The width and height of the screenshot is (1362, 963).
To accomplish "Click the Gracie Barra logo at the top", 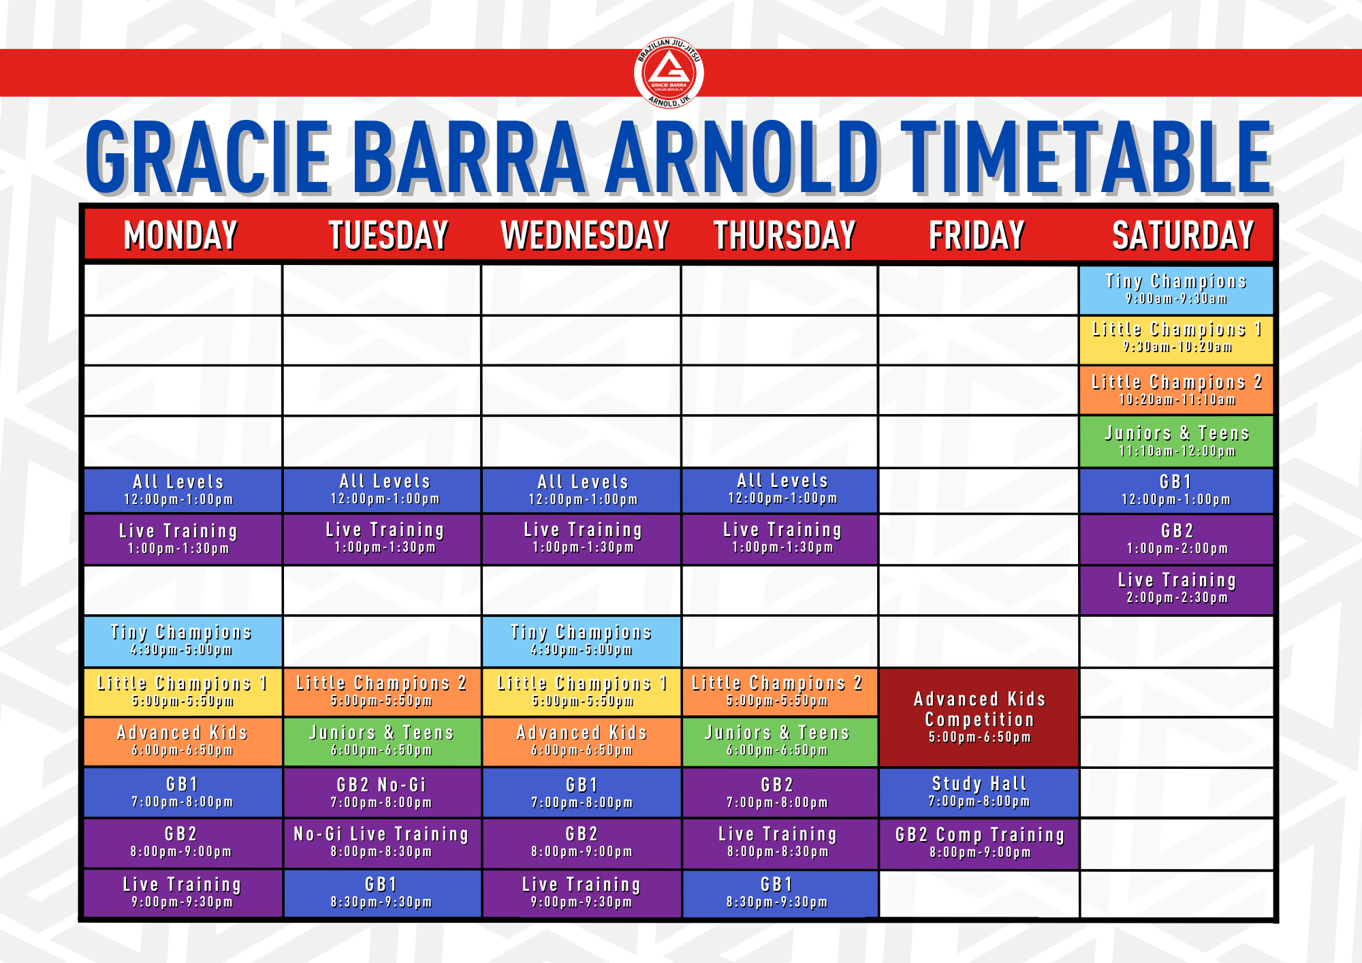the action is coord(669,73).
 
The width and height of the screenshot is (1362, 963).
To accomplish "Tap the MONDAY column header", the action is coord(180,235).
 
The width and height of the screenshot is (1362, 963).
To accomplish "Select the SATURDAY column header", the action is coord(1183,235).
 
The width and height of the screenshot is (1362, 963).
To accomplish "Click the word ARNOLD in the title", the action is coord(743,157).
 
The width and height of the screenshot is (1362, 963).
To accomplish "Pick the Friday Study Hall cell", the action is coord(979,792).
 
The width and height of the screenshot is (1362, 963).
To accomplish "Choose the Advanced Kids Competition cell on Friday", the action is coord(979,717).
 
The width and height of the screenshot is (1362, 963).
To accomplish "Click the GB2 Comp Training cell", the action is coord(979,843).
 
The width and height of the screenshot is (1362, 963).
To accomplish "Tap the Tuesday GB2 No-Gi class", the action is coord(381,793).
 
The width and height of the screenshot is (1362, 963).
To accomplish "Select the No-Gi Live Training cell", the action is coord(381,843).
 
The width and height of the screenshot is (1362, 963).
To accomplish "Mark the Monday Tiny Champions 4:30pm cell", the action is coord(183,641).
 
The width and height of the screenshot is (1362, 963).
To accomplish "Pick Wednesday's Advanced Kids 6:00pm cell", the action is coord(582,742).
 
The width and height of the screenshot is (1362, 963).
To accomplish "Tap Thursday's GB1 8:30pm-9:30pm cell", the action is coord(780,894).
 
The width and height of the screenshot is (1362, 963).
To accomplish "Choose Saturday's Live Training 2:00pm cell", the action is coord(1176,590).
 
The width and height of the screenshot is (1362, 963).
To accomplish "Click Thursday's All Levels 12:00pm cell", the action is coord(780,490).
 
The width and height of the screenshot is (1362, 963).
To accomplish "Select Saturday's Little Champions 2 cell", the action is coord(1176,390).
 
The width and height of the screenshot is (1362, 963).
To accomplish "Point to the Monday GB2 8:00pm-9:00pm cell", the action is coord(183,843).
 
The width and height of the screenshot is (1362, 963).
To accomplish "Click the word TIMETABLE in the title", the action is coord(1087,157).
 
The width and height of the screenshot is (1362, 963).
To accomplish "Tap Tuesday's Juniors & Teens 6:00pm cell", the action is coord(381,742).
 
